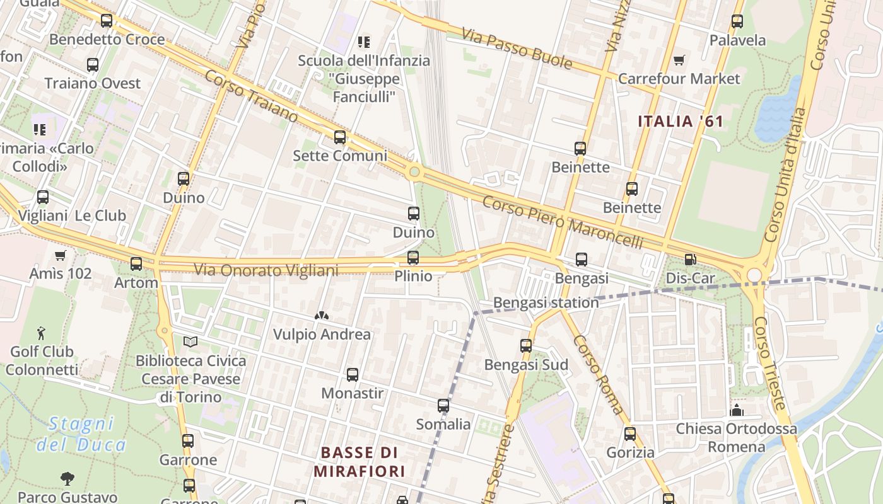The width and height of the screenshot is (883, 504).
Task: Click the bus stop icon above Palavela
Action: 737,21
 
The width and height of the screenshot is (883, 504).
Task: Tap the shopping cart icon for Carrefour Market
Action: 679,60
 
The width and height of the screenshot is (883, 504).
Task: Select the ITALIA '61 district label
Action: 680,121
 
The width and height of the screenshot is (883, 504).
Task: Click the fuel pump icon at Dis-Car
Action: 690,260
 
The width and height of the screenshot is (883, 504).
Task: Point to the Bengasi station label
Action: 546,302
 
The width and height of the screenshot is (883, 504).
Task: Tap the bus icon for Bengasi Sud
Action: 526,345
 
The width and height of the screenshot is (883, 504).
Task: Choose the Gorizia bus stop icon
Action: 629,433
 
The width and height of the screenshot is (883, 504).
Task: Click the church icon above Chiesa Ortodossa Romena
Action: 736,411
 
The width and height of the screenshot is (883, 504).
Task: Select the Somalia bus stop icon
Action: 443,406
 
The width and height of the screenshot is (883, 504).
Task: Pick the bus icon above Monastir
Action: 353,375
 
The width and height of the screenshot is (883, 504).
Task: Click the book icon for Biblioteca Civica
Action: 190,341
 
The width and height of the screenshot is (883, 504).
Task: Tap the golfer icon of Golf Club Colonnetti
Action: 42,332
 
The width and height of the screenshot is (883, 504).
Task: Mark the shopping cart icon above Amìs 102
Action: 61,255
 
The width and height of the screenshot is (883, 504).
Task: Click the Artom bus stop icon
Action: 136,264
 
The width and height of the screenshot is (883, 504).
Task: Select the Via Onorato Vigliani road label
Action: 266,270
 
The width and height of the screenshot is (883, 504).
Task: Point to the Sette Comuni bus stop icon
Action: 340,137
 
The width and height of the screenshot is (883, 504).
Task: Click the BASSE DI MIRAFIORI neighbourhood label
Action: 359,461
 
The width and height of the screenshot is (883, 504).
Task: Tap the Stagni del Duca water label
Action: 81,434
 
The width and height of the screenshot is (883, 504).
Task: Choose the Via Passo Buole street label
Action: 517,49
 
